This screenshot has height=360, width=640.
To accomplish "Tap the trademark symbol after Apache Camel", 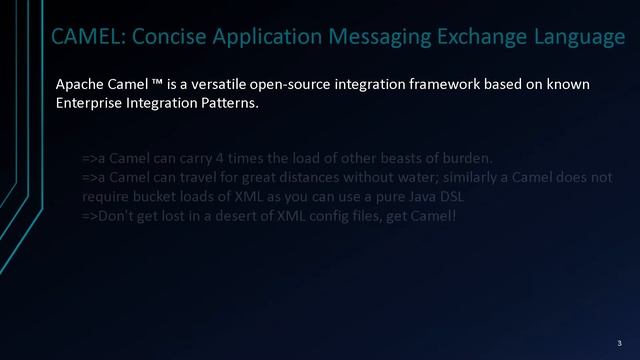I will pyautogui.click(x=158, y=84).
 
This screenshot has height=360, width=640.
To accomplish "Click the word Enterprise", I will pyautogui.click(x=90, y=103).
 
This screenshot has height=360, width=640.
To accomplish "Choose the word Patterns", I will pyautogui.click(x=229, y=103).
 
